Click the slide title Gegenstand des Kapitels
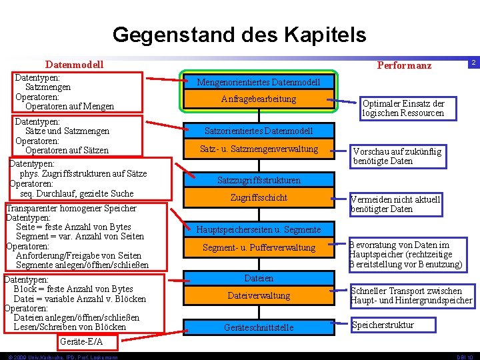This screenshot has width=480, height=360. pyautogui.click(x=239, y=34)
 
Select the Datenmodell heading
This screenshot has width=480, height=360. pyautogui.click(x=74, y=65)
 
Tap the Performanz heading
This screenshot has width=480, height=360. pyautogui.click(x=404, y=65)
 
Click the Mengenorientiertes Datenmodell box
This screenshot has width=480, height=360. pyautogui.click(x=258, y=82)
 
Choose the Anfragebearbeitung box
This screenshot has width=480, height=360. pyautogui.click(x=258, y=99)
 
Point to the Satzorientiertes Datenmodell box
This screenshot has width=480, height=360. pyautogui.click(x=258, y=131)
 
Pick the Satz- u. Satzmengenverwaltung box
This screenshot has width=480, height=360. pyautogui.click(x=259, y=149)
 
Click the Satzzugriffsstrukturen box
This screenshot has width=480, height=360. pyautogui.click(x=259, y=180)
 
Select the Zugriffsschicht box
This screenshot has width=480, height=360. pyautogui.click(x=259, y=197)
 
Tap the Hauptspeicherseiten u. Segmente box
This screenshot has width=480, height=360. pyautogui.click(x=259, y=229)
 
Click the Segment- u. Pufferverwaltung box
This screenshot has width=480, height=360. pyautogui.click(x=259, y=247)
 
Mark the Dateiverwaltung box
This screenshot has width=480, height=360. pyautogui.click(x=259, y=295)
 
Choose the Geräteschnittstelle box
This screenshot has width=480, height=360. pyautogui.click(x=259, y=327)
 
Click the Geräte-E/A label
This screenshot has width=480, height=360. pyautogui.click(x=81, y=342)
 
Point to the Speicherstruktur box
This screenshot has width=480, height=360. pyautogui.click(x=383, y=325)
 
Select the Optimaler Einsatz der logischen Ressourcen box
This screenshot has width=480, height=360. pyautogui.click(x=403, y=109)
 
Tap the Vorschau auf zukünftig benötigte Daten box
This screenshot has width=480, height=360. pyautogui.click(x=397, y=156)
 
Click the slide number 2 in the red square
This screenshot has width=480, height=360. pyautogui.click(x=473, y=62)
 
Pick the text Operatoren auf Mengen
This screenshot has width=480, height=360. pyautogui.click(x=69, y=106)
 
